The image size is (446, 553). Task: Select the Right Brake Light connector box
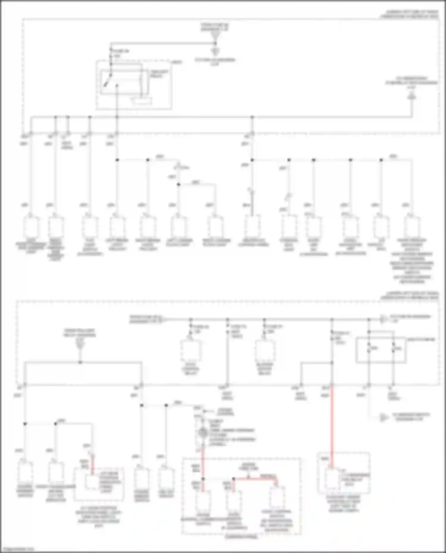148,227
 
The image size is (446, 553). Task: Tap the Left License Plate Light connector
178,227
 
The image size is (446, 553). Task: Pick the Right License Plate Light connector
215,227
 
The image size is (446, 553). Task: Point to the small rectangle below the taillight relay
142,101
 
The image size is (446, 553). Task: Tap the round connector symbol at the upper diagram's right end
411,97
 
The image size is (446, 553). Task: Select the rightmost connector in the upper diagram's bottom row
412,227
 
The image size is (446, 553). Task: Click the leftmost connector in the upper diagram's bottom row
31,227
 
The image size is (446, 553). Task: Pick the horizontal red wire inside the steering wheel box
256,478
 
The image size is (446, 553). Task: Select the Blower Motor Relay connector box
265,351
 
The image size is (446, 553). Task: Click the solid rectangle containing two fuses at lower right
381,350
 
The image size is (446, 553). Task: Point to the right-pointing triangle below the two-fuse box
384,417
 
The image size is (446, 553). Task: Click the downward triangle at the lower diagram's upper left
80,345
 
